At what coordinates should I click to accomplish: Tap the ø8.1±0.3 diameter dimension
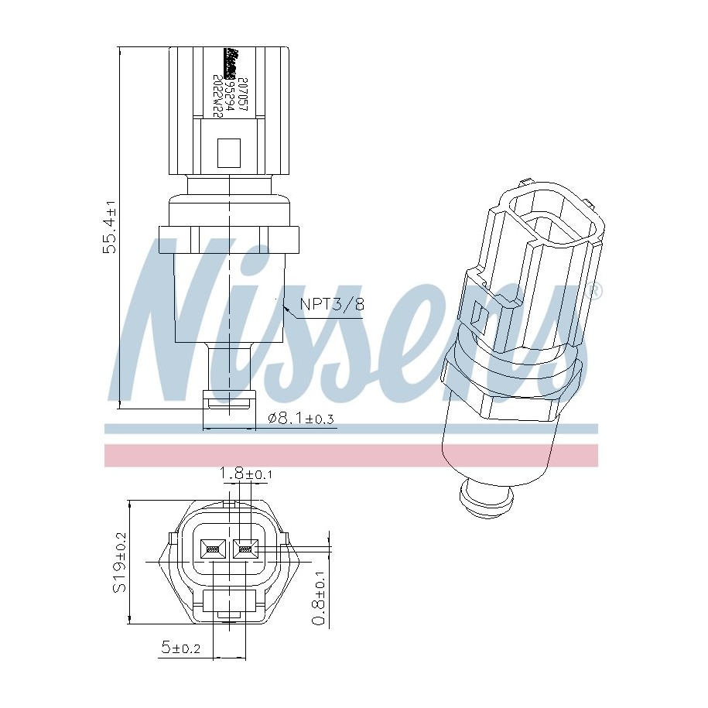coord(300,419)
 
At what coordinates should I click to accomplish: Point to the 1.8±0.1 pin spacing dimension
coord(245,473)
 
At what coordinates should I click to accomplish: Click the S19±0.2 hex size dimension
coord(119,563)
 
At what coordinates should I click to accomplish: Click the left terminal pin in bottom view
coord(212,550)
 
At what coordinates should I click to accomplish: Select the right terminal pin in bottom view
coord(245,550)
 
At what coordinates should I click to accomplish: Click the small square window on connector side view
coord(229,152)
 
